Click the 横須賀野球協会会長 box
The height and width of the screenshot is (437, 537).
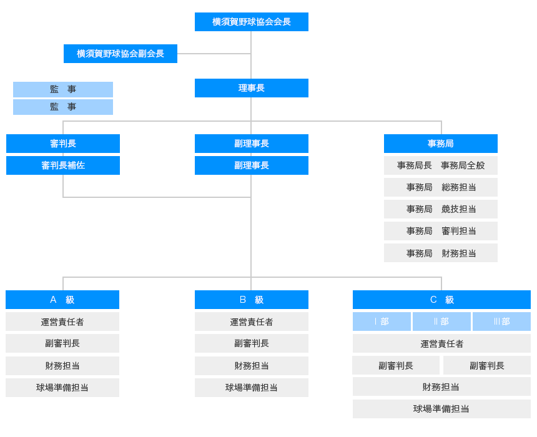click(251, 22)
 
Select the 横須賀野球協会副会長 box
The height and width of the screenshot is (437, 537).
click(120, 54)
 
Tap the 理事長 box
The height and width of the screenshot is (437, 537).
click(251, 88)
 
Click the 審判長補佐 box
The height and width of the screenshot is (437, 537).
click(63, 165)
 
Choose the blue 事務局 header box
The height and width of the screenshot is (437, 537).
click(440, 144)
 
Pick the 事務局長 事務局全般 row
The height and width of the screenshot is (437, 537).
click(440, 165)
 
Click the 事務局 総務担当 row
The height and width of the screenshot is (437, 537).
click(440, 187)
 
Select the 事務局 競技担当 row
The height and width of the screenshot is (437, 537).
click(440, 209)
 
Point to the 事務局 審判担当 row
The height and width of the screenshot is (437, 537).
click(440, 231)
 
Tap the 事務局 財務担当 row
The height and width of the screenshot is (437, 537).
click(440, 253)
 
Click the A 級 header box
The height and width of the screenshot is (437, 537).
click(62, 300)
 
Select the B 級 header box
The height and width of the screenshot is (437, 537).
click(251, 300)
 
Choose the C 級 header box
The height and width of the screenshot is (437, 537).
click(441, 300)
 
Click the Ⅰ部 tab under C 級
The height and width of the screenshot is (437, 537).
click(382, 322)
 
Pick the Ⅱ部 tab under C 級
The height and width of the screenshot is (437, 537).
click(441, 322)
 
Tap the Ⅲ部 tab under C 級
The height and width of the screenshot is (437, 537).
click(501, 322)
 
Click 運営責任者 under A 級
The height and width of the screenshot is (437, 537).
click(62, 322)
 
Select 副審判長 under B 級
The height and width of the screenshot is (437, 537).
click(251, 343)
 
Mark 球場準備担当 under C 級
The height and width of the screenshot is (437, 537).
click(441, 409)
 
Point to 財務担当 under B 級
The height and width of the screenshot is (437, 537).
click(251, 366)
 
